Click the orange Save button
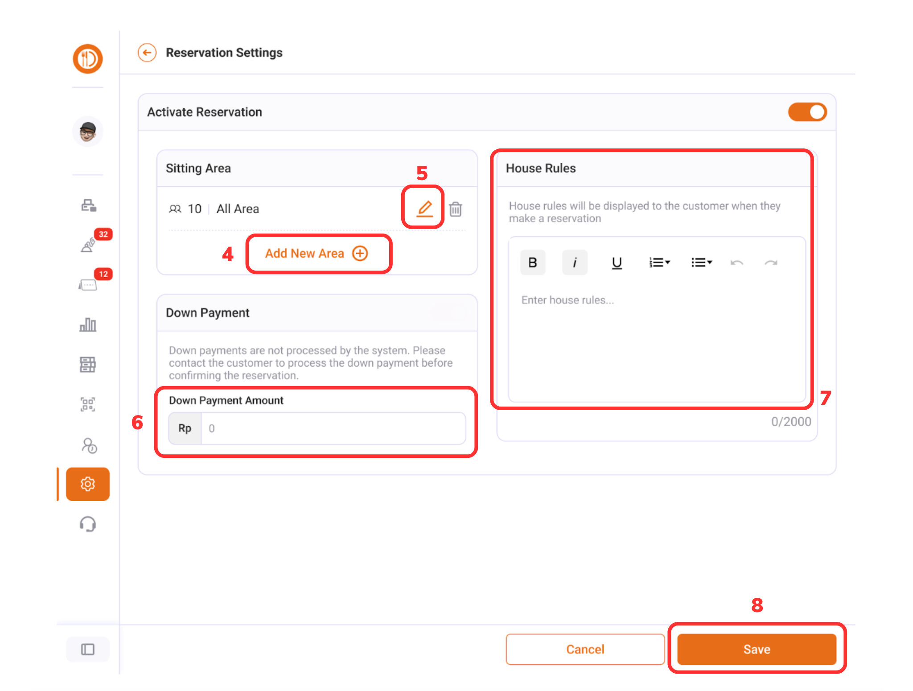[x=757, y=649]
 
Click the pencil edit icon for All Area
[x=424, y=209]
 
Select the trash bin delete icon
[x=455, y=209]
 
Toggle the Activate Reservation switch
[x=807, y=112]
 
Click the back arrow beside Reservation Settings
[x=147, y=53]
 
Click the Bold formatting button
[x=532, y=263]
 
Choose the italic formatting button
[x=575, y=263]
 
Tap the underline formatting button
[x=617, y=263]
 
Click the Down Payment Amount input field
[x=333, y=428]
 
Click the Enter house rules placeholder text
[x=568, y=300]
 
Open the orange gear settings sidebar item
[x=88, y=484]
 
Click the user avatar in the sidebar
[x=88, y=132]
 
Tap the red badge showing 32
[x=103, y=234]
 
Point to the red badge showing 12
[x=103, y=274]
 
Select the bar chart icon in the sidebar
[x=88, y=325]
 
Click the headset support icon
[x=88, y=524]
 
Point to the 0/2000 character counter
[x=791, y=422]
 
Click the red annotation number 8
[x=757, y=605]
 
